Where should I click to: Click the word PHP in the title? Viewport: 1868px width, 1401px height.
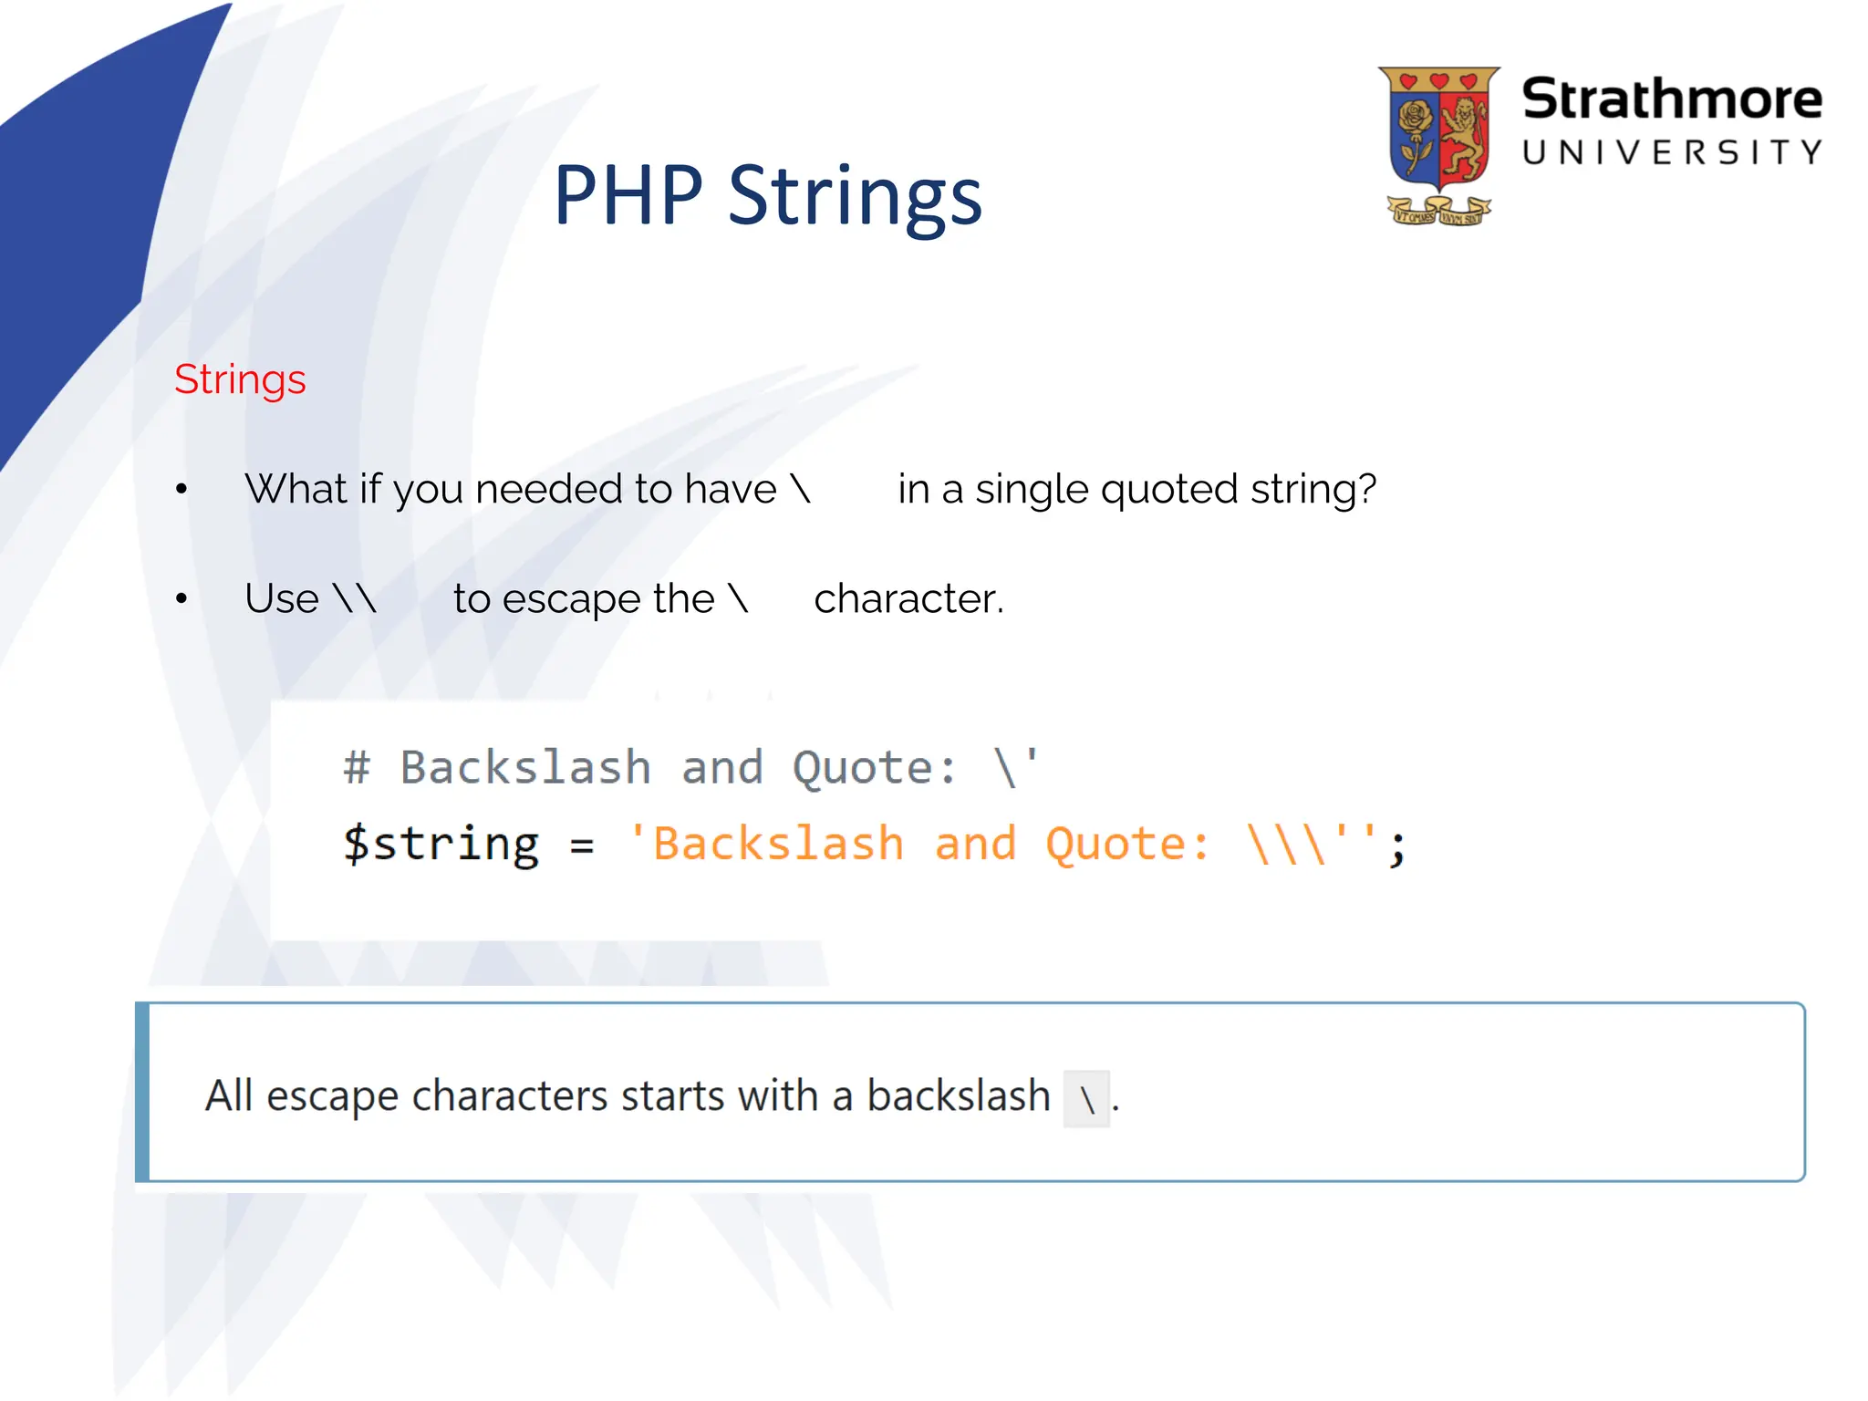tap(628, 195)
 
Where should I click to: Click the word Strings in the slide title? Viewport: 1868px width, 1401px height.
tap(855, 197)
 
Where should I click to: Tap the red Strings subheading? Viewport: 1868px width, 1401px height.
tap(240, 379)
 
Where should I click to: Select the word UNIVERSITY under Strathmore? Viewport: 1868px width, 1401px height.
tap(1671, 152)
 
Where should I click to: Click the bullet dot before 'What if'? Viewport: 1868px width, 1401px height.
tap(182, 490)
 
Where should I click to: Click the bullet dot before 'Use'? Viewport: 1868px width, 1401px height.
tap(182, 599)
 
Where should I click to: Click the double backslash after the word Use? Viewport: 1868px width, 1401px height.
tap(355, 599)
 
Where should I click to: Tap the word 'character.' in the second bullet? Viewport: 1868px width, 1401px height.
tap(908, 599)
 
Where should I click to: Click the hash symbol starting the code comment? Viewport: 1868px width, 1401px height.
tap(357, 767)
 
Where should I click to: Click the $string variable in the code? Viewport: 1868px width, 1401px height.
tap(441, 844)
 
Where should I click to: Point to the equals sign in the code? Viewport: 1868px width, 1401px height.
tap(582, 846)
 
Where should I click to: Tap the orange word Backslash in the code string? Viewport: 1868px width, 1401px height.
tap(778, 844)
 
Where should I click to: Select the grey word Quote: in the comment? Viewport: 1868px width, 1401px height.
tap(874, 767)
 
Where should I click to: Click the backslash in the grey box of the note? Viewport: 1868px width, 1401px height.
tap(1086, 1099)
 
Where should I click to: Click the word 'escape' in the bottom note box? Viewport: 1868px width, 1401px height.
tap(332, 1096)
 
